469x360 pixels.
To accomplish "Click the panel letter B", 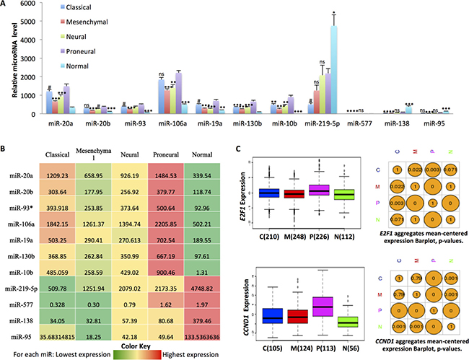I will coord(6,149).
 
